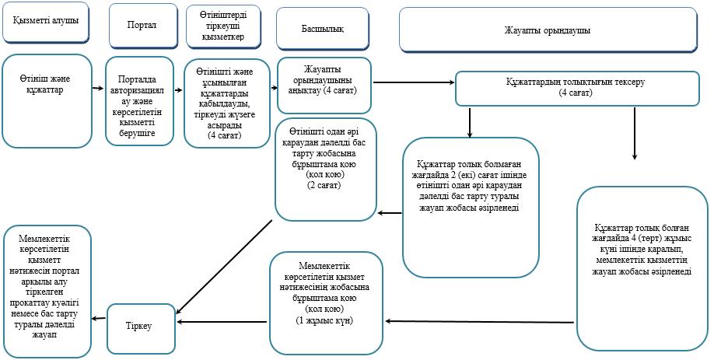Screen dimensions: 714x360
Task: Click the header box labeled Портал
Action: (143, 26)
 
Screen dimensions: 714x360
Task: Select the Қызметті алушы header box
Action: (46, 23)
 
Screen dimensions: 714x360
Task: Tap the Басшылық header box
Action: (323, 29)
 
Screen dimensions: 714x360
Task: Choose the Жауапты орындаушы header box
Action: (548, 30)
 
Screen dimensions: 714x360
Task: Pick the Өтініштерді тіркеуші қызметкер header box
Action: (223, 26)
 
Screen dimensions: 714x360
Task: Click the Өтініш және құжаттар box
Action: (47, 101)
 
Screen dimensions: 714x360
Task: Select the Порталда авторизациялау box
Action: (139, 101)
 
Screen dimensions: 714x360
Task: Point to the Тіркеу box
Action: (141, 329)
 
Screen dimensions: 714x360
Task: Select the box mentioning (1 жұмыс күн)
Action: (326, 303)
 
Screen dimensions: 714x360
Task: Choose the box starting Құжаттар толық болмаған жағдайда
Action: (471, 208)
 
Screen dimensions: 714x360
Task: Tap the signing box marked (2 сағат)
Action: (326, 170)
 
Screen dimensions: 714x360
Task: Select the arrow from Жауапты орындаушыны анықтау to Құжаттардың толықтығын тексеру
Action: (414, 82)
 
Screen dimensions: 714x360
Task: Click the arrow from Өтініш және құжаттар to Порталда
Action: (98, 89)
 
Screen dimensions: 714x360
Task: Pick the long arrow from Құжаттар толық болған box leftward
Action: (479, 322)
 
